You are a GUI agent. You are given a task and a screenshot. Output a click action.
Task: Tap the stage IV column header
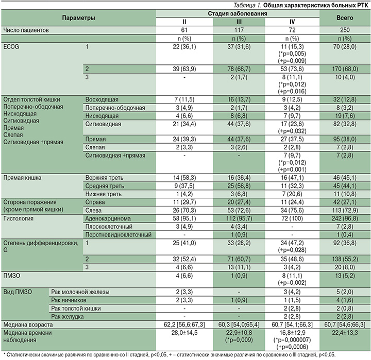pyautogui.click(x=292, y=22)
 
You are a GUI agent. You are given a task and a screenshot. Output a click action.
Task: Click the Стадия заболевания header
pyautogui.click(x=238, y=13)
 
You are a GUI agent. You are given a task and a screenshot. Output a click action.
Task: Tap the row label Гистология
pyautogui.click(x=20, y=218)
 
